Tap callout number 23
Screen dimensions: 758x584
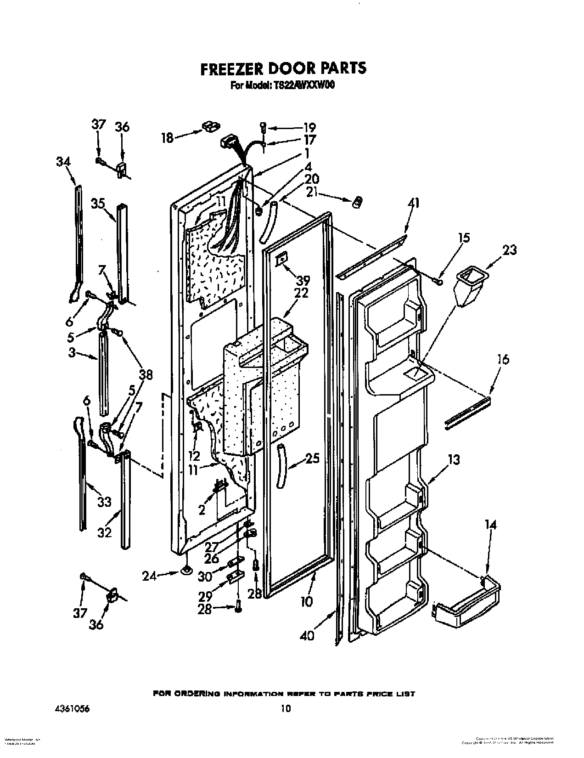(509, 250)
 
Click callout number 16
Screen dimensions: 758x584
(503, 359)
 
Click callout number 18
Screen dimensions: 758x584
(167, 137)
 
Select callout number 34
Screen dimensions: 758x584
(63, 162)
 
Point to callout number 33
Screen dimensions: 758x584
(104, 502)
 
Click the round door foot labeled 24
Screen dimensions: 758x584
(186, 571)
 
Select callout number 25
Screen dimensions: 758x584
(312, 458)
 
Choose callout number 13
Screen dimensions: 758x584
(454, 459)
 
